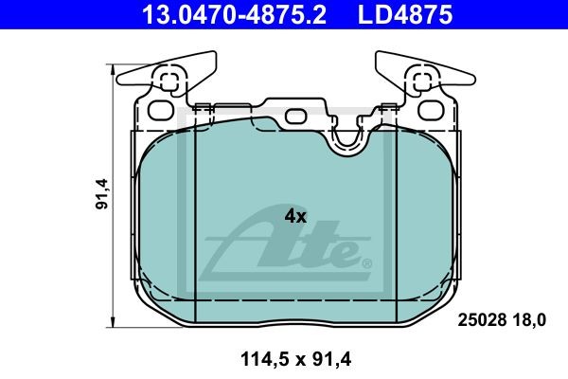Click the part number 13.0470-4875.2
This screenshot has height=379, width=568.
(235, 14)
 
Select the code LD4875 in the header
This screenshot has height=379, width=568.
(405, 14)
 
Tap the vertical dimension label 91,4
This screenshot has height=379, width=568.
(102, 194)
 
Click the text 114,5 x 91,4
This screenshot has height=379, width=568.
(295, 360)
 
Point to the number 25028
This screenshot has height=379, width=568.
(482, 320)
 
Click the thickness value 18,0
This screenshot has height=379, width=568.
(529, 320)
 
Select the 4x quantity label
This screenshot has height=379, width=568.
(295, 217)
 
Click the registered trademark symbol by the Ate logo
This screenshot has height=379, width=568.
(366, 263)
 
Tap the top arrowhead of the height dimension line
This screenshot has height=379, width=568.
(115, 69)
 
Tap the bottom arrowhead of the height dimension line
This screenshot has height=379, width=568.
(115, 322)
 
